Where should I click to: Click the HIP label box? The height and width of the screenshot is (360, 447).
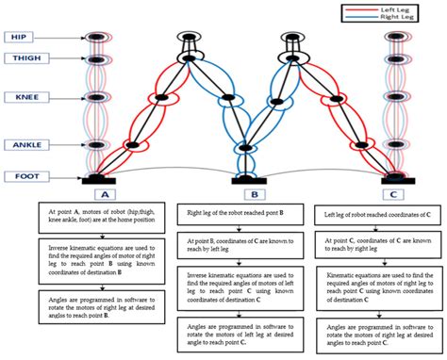coord(18,37)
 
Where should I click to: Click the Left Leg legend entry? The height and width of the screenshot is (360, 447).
coord(400,8)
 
